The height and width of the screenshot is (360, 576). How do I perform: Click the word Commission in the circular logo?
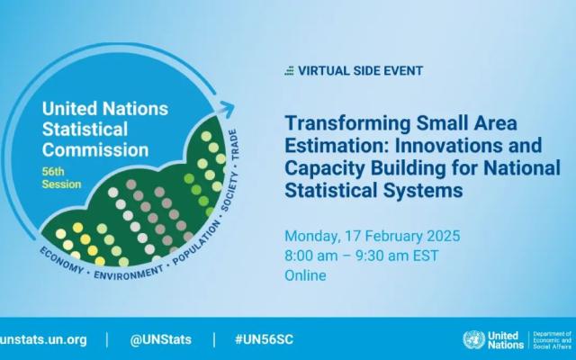pyautogui.click(x=95, y=150)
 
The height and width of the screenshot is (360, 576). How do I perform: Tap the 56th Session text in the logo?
pyautogui.click(x=61, y=178)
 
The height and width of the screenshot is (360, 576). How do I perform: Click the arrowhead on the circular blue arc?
pyautogui.click(x=227, y=108)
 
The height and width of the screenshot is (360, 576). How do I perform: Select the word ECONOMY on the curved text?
pyautogui.click(x=61, y=260)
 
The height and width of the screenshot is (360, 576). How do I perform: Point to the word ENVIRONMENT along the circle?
pyautogui.click(x=129, y=272)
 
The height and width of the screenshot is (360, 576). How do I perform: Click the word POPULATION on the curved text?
pyautogui.click(x=196, y=242)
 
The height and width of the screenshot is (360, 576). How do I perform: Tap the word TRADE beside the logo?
pyautogui.click(x=234, y=144)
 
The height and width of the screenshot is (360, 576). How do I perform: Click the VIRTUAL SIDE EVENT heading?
pyautogui.click(x=360, y=70)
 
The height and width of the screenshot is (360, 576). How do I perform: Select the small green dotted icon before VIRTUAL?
pyautogui.click(x=290, y=70)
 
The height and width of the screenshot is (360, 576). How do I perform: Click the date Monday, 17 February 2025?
pyautogui.click(x=372, y=236)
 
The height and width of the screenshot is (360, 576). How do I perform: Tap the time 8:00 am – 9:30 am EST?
pyautogui.click(x=362, y=256)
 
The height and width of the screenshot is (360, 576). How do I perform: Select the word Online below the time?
pyautogui.click(x=305, y=275)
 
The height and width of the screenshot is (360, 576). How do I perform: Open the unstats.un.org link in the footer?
pyautogui.click(x=43, y=339)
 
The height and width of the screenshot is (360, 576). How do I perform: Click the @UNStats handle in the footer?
pyautogui.click(x=160, y=339)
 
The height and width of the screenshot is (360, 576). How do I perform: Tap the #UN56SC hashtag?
pyautogui.click(x=264, y=339)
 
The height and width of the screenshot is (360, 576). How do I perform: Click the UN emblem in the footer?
pyautogui.click(x=474, y=340)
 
